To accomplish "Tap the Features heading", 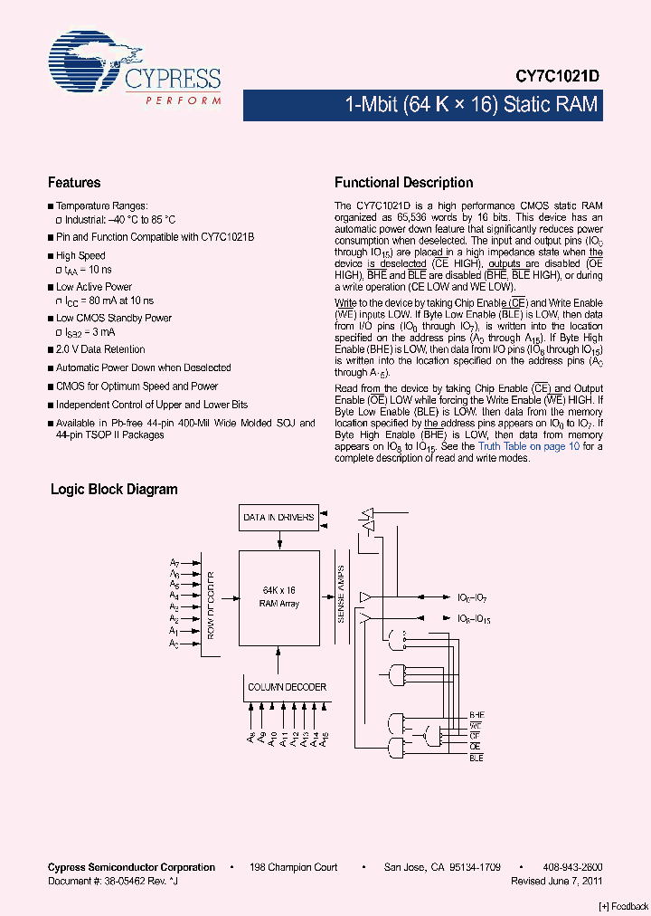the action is (74, 183).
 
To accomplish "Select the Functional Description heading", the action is (403, 183).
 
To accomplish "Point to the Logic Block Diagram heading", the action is (114, 490).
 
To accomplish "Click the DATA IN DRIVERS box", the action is (278, 518).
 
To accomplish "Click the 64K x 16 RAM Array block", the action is (278, 596).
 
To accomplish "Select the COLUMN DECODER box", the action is (287, 687).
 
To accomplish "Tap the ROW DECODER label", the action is (211, 605).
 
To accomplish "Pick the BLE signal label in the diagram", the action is (476, 758).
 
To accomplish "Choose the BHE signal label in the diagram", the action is (476, 714).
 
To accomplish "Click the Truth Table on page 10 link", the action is (529, 446).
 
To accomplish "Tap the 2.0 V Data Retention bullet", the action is (99, 349).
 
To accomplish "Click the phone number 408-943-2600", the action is (572, 867).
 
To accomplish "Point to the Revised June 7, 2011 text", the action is (556, 880).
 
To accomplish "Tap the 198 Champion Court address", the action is (294, 867).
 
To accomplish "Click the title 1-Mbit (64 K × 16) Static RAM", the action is (471, 105).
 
